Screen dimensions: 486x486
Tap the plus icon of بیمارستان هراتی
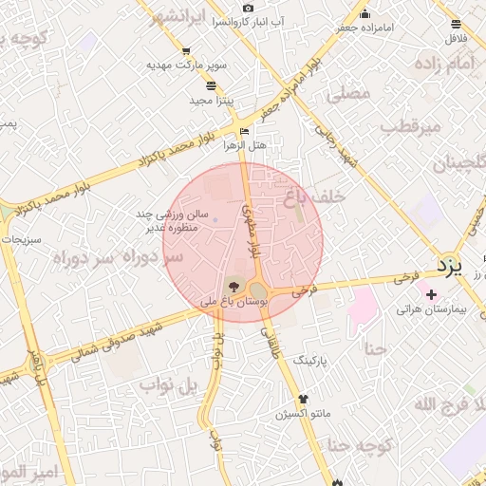pos(433,293)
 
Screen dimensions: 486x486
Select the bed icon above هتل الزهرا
pos(246,132)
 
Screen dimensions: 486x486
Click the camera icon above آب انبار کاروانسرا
pos(248,8)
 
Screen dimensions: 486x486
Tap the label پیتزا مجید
pos(212,100)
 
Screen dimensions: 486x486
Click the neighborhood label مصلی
pos(346,95)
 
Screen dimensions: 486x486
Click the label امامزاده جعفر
pos(365,28)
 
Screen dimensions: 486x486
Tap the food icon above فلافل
pos(457,24)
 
